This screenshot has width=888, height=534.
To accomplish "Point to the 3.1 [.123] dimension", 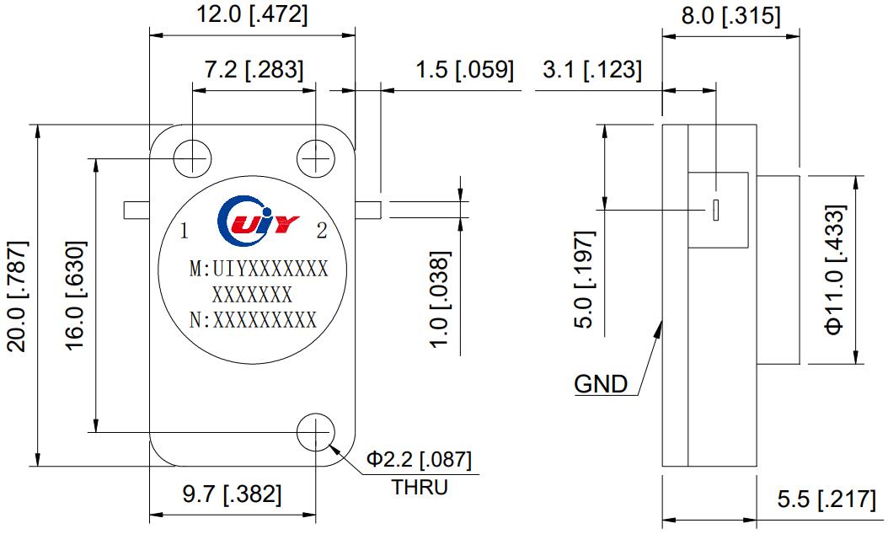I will (x=591, y=69).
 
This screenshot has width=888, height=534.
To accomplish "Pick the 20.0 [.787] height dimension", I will (x=18, y=295).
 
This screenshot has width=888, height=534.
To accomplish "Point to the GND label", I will (x=601, y=384).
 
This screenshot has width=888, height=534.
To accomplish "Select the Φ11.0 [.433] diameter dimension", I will (x=834, y=268).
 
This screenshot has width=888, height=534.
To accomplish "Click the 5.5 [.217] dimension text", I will (x=826, y=499).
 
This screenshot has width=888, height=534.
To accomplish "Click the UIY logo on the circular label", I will (x=258, y=222).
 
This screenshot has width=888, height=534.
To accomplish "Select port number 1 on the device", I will (x=184, y=230).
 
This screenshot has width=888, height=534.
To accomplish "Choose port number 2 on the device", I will (x=321, y=230).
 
